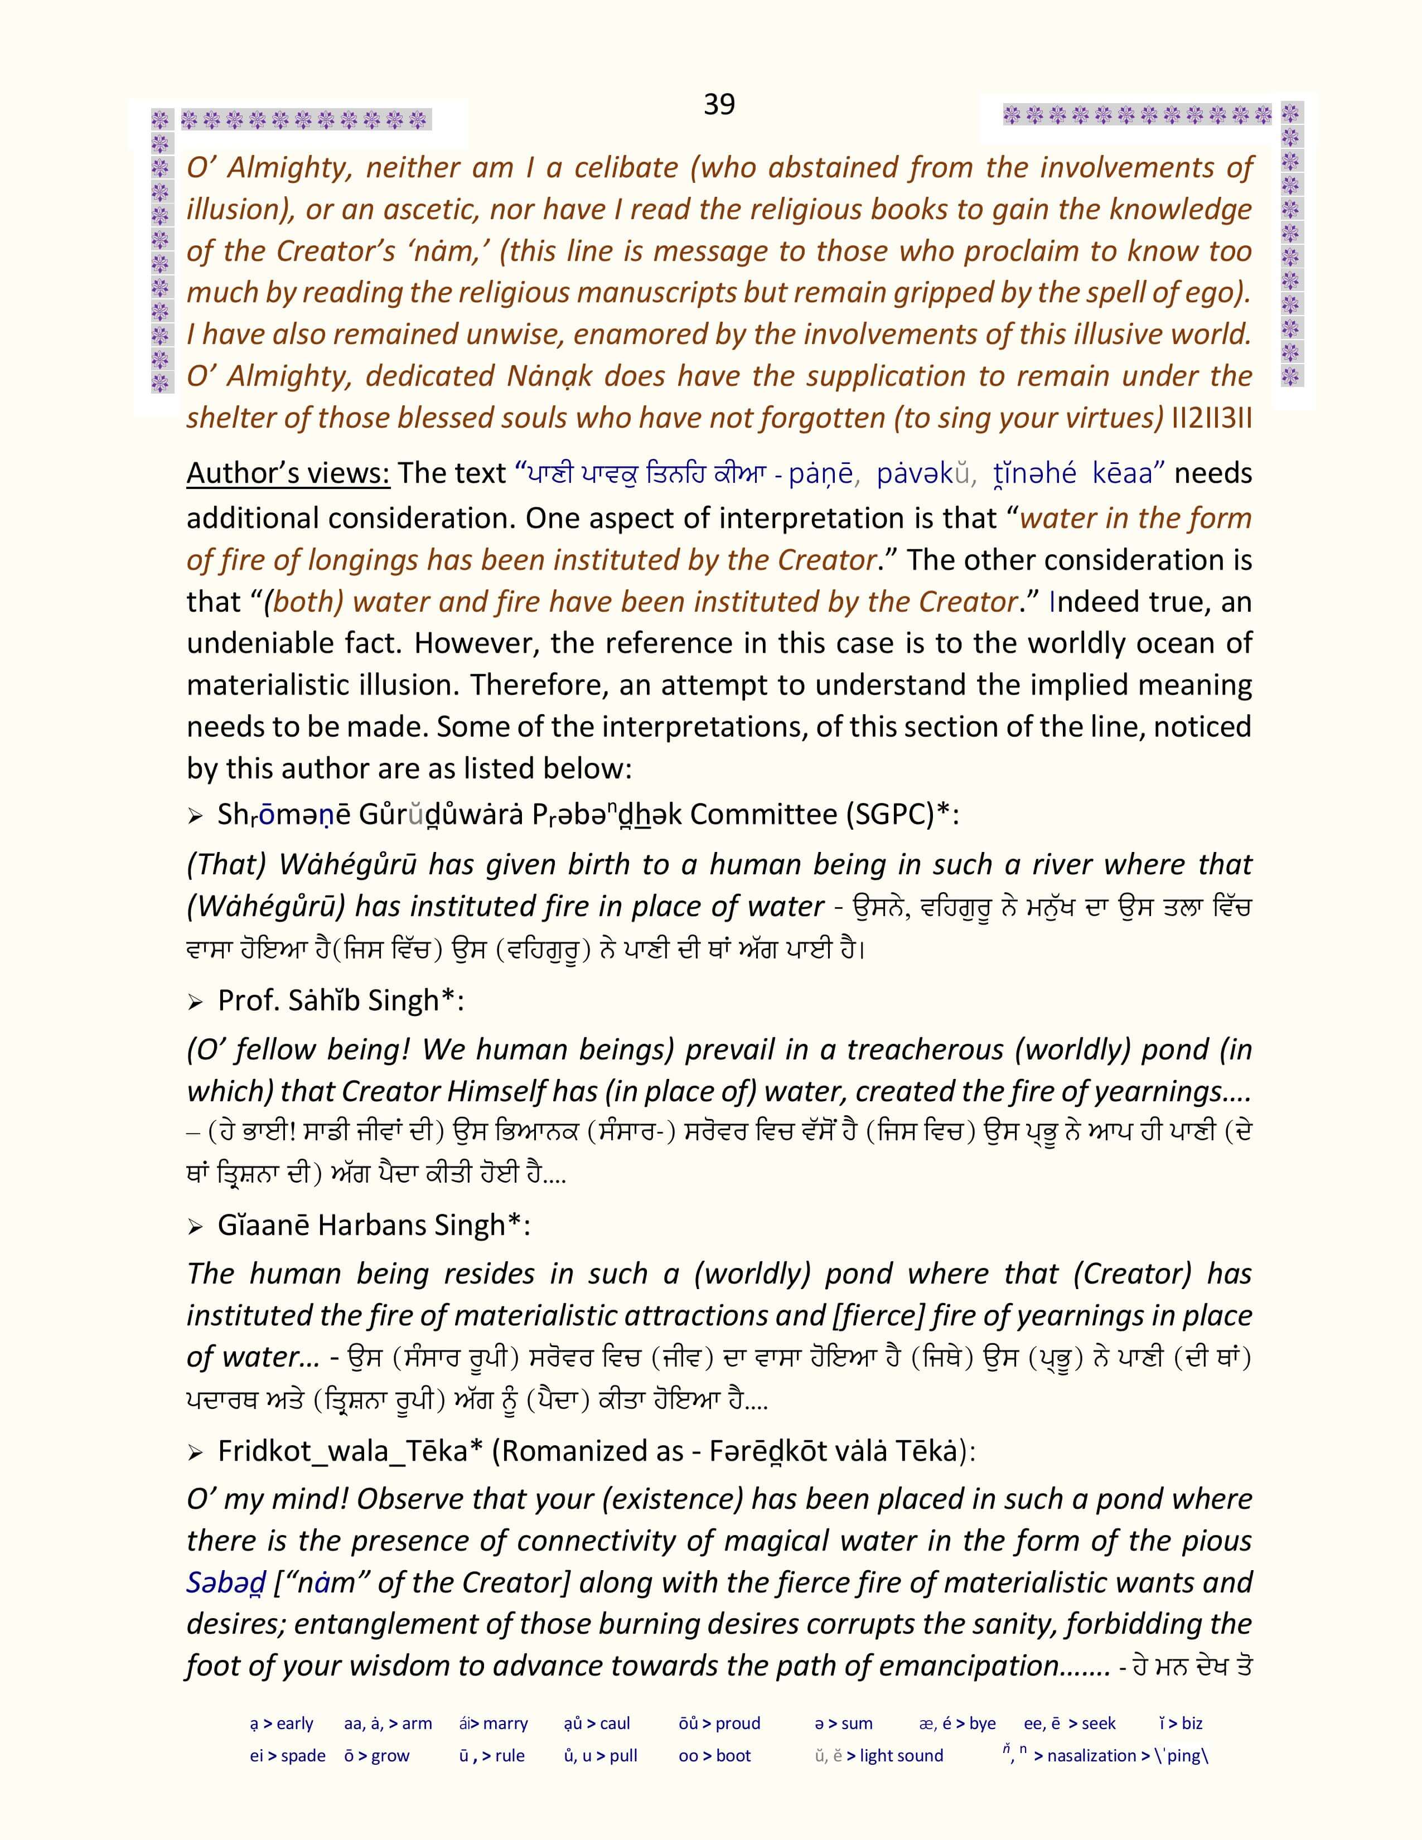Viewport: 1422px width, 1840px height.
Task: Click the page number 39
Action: [719, 104]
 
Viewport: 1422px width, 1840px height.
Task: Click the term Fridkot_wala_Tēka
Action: [343, 1451]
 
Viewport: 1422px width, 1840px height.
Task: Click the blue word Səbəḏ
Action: [226, 1582]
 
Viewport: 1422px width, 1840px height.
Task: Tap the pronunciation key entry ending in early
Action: [282, 1723]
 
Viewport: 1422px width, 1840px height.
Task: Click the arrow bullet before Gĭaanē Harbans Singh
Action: [195, 1228]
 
